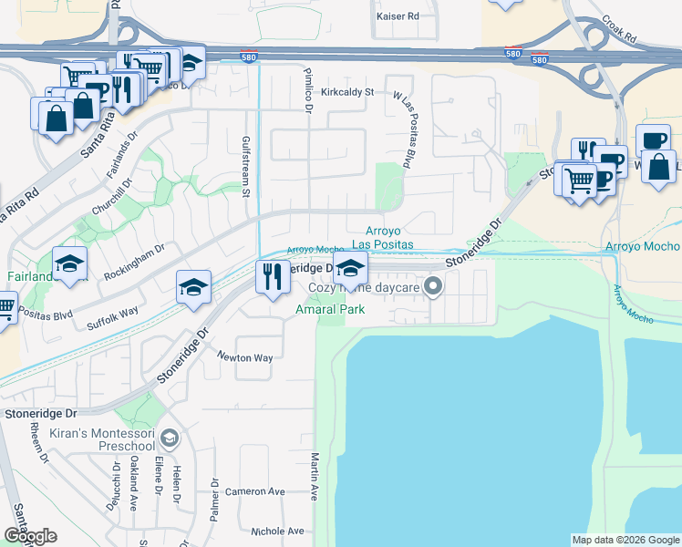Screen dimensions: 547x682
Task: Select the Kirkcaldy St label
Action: point(347,92)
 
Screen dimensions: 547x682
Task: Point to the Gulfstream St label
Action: point(245,165)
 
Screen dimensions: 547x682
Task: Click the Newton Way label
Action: point(244,358)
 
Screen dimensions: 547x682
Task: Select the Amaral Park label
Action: point(329,309)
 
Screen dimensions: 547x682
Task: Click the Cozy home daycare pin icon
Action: point(434,288)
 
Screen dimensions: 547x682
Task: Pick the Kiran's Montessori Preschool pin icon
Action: point(168,439)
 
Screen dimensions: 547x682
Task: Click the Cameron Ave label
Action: point(256,491)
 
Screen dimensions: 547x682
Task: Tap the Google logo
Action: point(30,536)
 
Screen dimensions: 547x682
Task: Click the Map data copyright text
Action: point(625,540)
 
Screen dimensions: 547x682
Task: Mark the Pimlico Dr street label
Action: point(308,88)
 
